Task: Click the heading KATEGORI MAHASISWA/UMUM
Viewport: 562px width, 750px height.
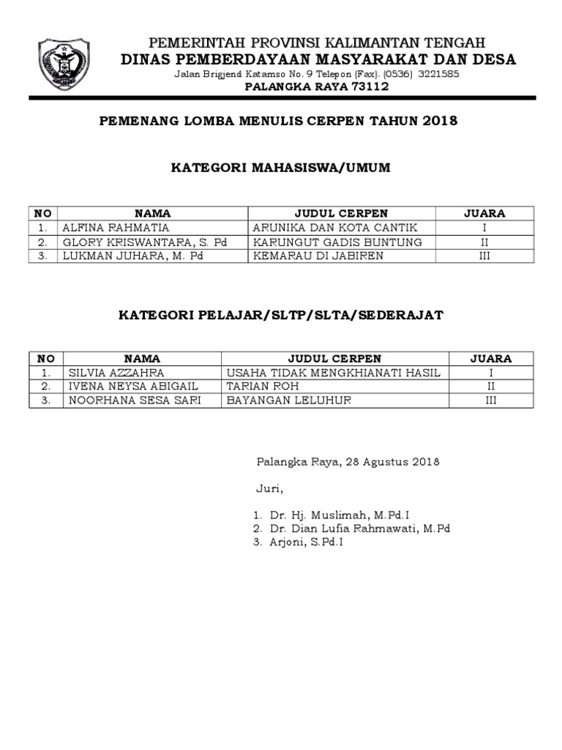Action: point(280,168)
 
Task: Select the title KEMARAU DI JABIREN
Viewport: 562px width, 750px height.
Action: point(318,256)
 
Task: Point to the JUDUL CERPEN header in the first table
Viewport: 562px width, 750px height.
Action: point(341,213)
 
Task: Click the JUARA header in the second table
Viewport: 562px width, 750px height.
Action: point(491,358)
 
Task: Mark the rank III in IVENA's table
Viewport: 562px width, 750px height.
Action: point(491,400)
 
